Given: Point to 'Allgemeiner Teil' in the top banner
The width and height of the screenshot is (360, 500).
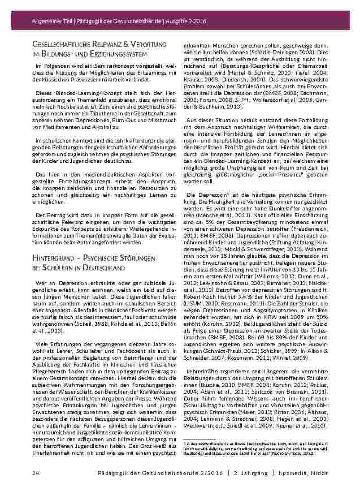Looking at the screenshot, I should [x=49, y=21].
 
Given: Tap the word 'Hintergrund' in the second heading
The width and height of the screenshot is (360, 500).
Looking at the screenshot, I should [x=54, y=259].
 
